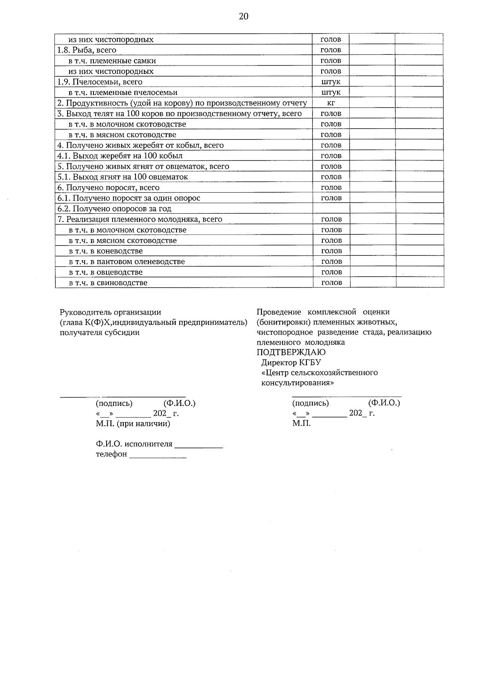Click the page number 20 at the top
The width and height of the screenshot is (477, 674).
(243, 16)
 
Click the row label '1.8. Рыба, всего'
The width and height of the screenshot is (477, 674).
(87, 50)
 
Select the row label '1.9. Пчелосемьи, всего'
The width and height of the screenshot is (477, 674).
(100, 82)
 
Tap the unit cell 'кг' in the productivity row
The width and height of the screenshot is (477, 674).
(331, 103)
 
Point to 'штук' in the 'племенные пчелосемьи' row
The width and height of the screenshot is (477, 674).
(331, 93)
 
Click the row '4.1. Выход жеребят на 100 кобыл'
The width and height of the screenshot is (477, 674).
(120, 156)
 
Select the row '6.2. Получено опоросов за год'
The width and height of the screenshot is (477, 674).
(114, 209)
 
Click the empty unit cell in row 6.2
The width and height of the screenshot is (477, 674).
(331, 209)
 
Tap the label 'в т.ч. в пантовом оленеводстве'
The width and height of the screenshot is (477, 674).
(127, 261)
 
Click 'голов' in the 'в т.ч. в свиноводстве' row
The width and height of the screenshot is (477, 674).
(331, 283)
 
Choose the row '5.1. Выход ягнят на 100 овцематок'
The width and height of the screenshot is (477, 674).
(122, 177)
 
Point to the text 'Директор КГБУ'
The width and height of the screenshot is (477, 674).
(291, 362)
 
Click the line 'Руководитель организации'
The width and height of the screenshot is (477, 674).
(111, 312)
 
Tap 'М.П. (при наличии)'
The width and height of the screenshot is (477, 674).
(133, 423)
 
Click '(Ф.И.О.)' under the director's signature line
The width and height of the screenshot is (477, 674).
(384, 403)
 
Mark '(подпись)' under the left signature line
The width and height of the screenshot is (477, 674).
(114, 404)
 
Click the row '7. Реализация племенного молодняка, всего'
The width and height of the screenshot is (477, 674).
(140, 219)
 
